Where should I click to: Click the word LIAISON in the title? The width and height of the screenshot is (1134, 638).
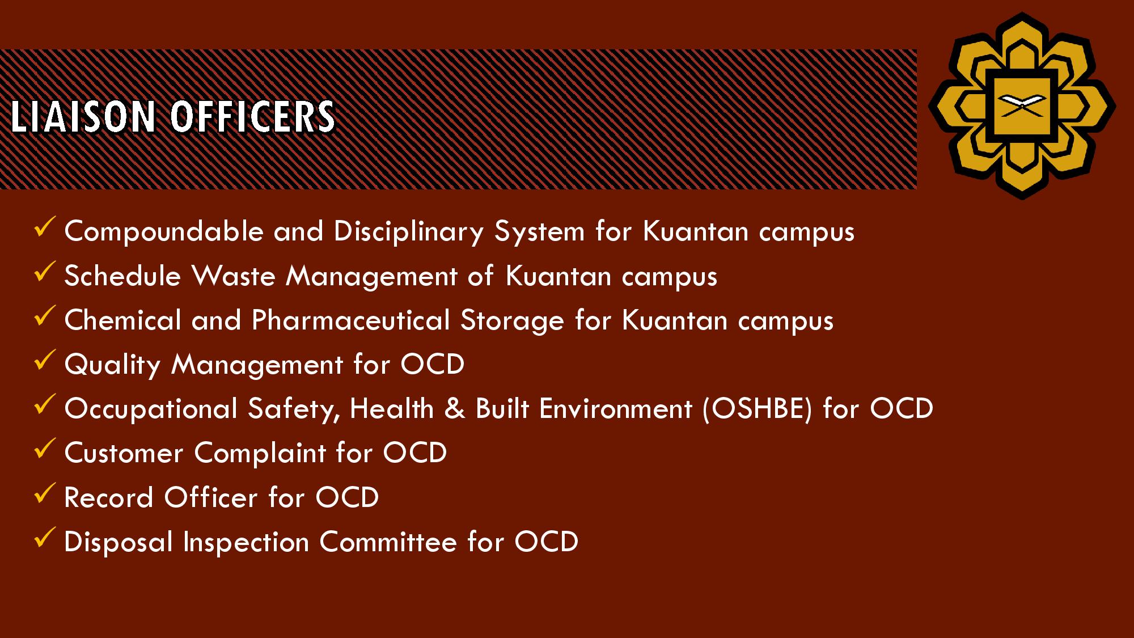coord(83,117)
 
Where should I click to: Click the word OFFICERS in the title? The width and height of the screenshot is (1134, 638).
coord(252,117)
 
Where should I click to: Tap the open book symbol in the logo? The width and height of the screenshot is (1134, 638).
coord(1022,105)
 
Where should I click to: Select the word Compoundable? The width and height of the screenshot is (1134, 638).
coord(164,231)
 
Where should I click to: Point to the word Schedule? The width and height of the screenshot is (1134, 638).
coord(122,276)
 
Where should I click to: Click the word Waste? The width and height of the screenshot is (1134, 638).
coord(234,276)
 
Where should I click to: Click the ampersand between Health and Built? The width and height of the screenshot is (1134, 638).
coord(455,409)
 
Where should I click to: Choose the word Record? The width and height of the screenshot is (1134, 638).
coord(109,498)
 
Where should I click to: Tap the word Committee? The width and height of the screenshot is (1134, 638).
coord(388,542)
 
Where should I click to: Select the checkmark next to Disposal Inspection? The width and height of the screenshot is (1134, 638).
coord(44,537)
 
